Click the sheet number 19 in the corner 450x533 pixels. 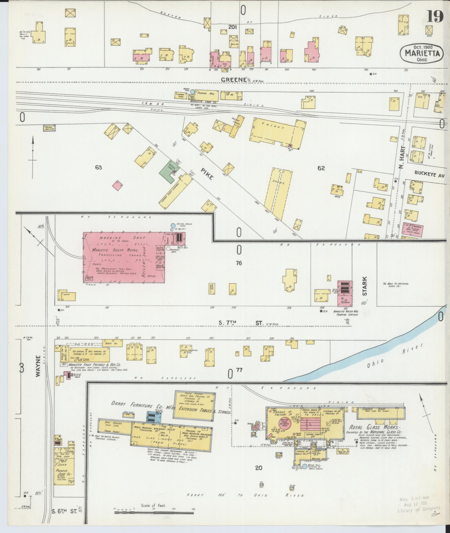[x=435, y=17]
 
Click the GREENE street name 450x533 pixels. [x=234, y=80]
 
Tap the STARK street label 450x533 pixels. [x=365, y=286]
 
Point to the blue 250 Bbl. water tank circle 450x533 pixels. [x=173, y=225]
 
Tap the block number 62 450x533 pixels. [x=321, y=168]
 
